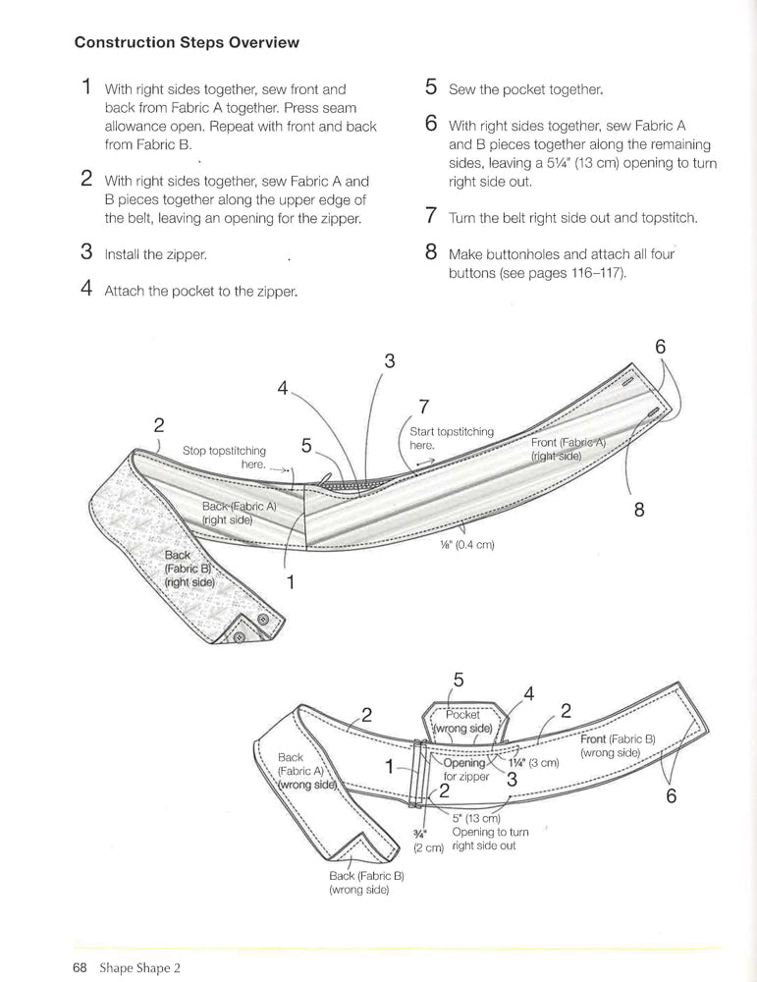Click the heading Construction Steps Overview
(x=187, y=43)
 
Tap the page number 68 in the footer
(x=81, y=965)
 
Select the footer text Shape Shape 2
(x=139, y=965)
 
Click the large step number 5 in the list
(x=431, y=86)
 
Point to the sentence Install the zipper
(x=156, y=254)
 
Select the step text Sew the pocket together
(x=525, y=89)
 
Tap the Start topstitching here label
(x=452, y=438)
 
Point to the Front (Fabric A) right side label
(x=568, y=449)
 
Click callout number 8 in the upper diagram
(x=639, y=510)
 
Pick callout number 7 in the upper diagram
(x=423, y=406)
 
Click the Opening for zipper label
(x=464, y=769)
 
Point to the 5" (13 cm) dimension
(x=477, y=818)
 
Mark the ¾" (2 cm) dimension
(x=428, y=841)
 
